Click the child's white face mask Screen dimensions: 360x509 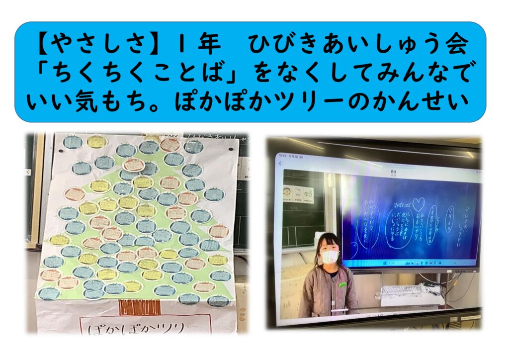click(x=329, y=257)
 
